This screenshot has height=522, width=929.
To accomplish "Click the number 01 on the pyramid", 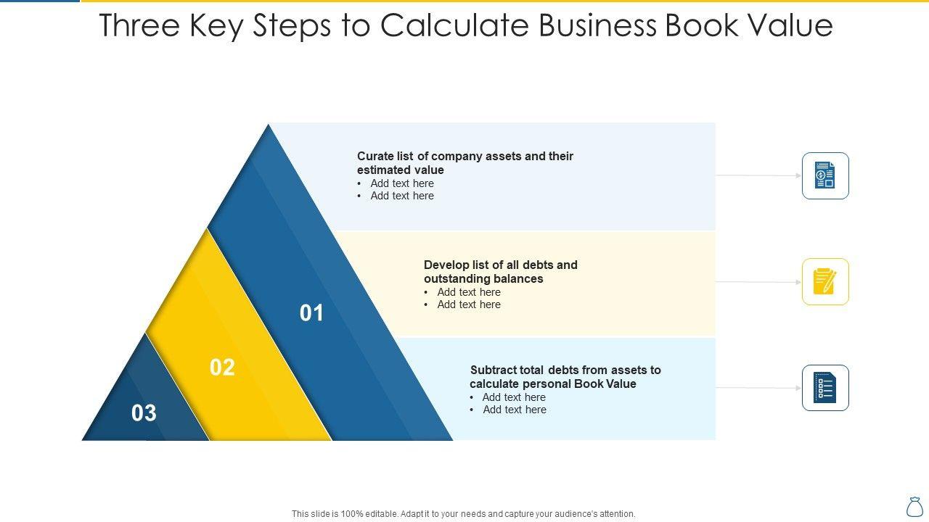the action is coord(311,313).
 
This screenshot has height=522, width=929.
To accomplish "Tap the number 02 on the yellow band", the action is coord(222,368).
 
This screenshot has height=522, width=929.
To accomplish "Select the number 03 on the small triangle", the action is coord(144,413).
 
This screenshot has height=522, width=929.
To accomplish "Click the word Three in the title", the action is coord(139,25).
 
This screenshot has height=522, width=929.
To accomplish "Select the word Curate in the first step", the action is coord(375,157).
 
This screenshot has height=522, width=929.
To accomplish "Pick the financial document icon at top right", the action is coord(825,175).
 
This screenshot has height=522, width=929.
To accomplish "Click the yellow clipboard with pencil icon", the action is coord(825,282).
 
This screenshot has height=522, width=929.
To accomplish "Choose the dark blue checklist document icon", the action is coord(825,388).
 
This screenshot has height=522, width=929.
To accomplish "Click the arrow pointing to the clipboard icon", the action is coord(758,282).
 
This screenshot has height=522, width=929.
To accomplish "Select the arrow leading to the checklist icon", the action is coord(758,388).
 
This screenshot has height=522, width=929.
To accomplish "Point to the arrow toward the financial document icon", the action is coord(758,175).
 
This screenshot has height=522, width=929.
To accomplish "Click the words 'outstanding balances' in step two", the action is coord(483,279).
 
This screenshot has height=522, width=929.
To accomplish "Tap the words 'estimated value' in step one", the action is coord(401,170).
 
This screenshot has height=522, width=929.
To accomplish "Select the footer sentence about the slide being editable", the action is coord(464,514).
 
